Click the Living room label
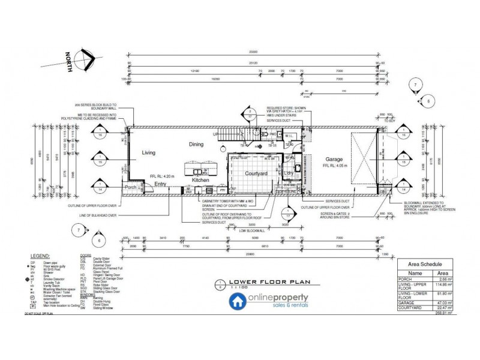click(x=148, y=153)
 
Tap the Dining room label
click(x=197, y=144)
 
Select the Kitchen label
click(x=200, y=180)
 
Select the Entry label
click(x=160, y=184)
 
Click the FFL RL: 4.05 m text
click(x=335, y=166)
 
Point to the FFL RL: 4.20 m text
click(x=161, y=176)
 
